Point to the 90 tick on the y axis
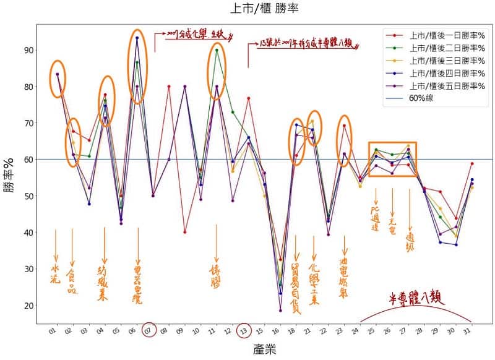[x=29, y=50]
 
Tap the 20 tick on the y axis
[x=29, y=306]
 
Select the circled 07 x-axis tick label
[x=148, y=331]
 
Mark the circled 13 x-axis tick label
[x=244, y=331]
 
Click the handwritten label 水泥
[x=56, y=275]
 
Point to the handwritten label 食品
[x=72, y=281]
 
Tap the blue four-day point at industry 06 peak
[x=137, y=38]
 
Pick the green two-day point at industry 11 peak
[x=217, y=50]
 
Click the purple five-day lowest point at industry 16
[x=280, y=311]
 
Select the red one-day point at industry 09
[x=184, y=233]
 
